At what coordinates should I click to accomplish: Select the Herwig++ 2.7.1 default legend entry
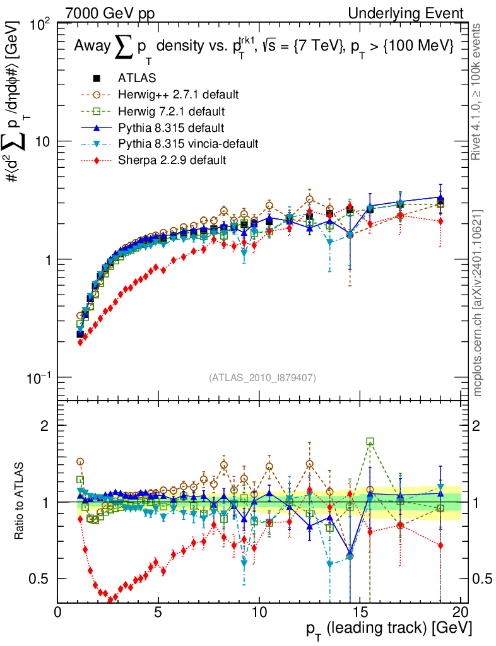177,95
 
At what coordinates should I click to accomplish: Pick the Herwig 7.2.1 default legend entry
171,111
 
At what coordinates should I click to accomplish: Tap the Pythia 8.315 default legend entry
170,127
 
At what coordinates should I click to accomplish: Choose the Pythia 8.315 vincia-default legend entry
187,144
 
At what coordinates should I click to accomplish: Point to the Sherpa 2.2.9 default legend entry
171,160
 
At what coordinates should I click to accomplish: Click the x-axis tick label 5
158,613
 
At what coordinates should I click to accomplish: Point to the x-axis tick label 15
360,613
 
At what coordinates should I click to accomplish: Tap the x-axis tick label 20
461,613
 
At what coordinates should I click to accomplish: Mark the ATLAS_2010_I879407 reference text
262,377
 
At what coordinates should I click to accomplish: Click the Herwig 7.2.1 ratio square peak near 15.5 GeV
370,442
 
